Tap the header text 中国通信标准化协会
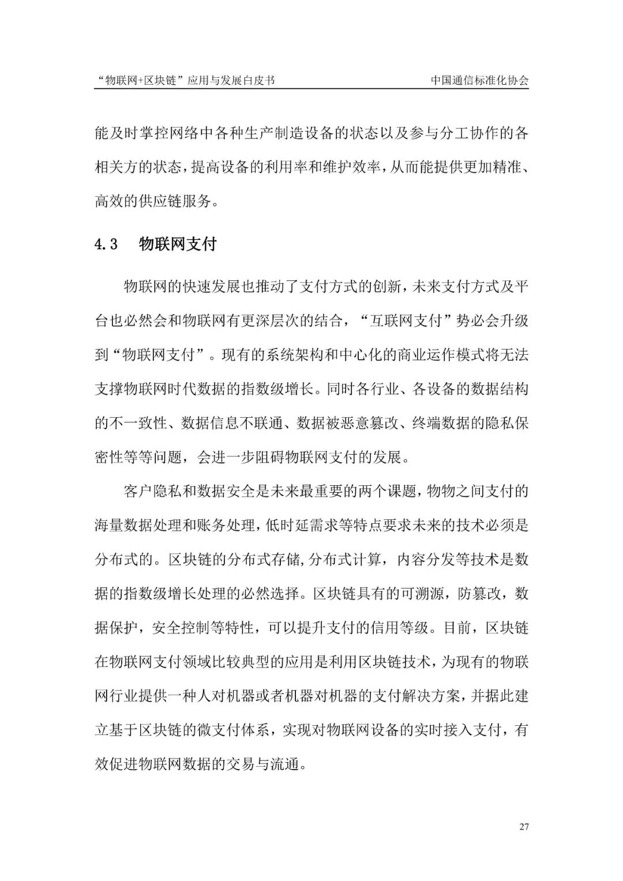(x=479, y=81)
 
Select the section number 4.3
(x=106, y=245)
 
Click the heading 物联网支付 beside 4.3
(x=178, y=244)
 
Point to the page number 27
(x=524, y=827)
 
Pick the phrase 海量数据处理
(x=138, y=526)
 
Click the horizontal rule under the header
(x=311, y=89)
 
